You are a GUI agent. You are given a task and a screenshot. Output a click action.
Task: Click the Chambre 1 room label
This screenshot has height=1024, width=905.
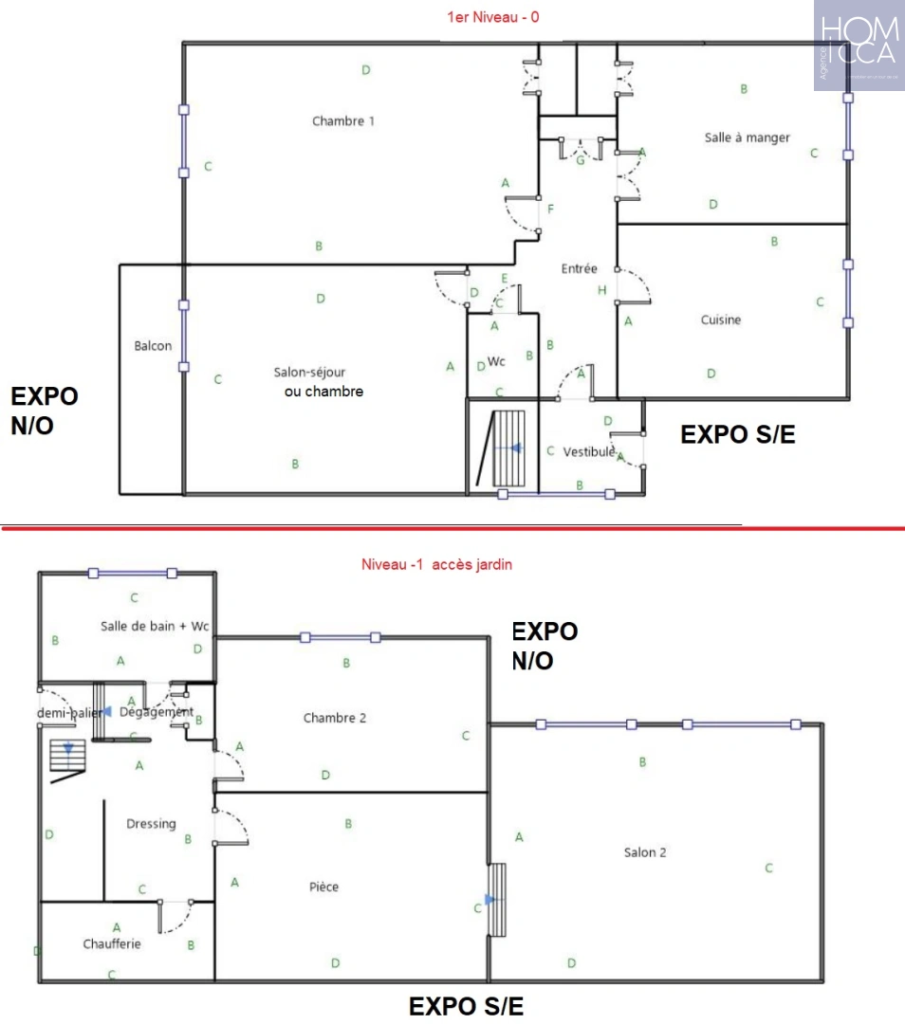click(343, 121)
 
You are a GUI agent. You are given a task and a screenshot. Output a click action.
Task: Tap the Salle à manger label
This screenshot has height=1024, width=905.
click(747, 137)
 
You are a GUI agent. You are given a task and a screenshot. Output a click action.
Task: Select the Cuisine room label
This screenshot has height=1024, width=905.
click(721, 320)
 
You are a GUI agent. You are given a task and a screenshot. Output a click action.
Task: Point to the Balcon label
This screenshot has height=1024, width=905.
click(153, 346)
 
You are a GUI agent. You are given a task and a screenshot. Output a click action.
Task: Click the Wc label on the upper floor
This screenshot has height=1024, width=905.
click(496, 361)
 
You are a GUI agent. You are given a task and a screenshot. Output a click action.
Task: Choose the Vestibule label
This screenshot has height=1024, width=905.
click(589, 452)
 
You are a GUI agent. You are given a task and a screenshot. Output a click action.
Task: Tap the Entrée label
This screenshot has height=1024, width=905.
click(579, 269)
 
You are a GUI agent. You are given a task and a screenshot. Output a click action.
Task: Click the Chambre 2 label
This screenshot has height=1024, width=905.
click(334, 718)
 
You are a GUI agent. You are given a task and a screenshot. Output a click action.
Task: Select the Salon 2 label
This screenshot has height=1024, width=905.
click(645, 852)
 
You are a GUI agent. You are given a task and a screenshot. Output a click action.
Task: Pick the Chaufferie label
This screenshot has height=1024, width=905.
click(112, 944)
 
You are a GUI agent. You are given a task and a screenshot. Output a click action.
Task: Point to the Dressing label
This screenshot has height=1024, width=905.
click(151, 824)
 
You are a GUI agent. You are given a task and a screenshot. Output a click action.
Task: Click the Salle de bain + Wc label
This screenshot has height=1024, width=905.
click(155, 627)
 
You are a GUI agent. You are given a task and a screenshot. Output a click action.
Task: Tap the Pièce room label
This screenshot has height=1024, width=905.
click(323, 887)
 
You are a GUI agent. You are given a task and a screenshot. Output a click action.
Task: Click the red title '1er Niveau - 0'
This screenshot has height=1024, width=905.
click(493, 16)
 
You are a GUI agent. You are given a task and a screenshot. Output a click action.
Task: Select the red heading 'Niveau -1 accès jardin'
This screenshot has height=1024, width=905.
click(436, 564)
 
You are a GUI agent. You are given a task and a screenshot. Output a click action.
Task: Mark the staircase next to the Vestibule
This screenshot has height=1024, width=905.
click(509, 449)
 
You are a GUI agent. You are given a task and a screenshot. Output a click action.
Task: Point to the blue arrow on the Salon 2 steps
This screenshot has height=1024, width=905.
click(489, 899)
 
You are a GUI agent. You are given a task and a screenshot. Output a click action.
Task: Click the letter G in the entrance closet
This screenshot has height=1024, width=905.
click(581, 160)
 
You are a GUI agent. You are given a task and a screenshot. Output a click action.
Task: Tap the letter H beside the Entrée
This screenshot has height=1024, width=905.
click(601, 290)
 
